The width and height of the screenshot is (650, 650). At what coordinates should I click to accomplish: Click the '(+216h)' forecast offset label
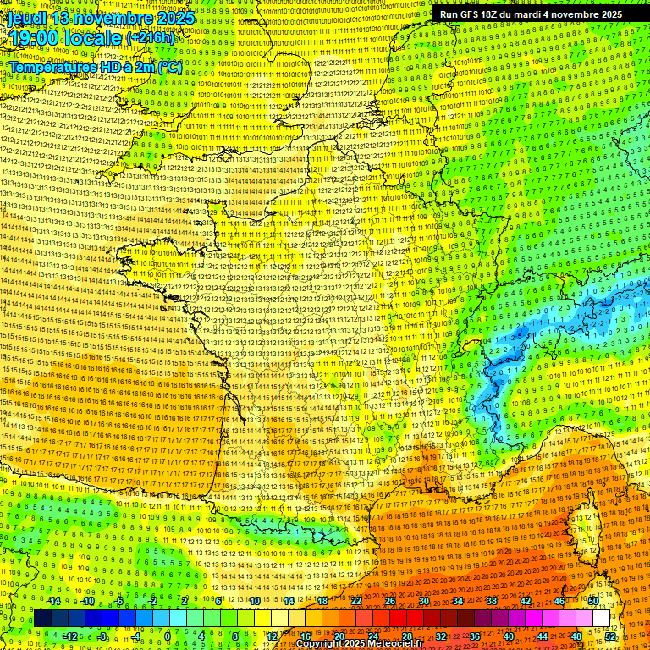click(151, 39)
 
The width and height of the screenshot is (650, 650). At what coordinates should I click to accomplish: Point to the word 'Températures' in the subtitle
click(51, 67)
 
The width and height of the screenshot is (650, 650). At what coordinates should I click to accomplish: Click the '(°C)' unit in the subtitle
click(168, 67)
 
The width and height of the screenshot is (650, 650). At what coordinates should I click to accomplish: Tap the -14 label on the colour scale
click(54, 601)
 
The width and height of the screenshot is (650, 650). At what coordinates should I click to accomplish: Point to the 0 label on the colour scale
click(168, 636)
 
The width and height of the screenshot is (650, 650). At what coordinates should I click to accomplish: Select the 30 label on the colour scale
click(423, 601)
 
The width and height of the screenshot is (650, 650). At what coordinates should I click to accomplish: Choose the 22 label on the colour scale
click(355, 601)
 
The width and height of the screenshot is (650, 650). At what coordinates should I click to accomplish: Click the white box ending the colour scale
click(601, 619)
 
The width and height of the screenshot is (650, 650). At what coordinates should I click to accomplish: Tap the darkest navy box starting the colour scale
click(42, 619)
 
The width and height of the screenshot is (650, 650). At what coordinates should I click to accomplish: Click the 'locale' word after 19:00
click(94, 38)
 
